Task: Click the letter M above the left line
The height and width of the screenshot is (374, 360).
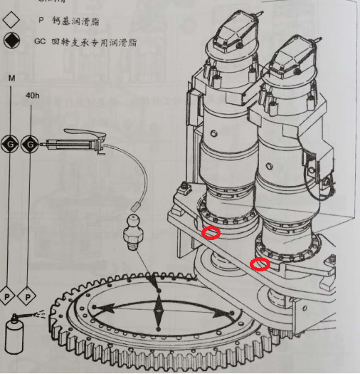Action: (x=11, y=76)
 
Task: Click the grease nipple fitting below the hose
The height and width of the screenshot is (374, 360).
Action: (x=133, y=229)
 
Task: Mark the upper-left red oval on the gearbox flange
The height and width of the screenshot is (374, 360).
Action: (x=211, y=233)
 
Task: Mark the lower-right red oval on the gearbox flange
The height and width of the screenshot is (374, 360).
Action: (x=260, y=265)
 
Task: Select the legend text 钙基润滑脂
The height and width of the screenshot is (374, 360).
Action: (x=78, y=21)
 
